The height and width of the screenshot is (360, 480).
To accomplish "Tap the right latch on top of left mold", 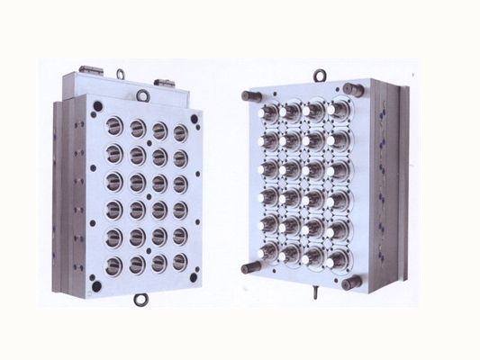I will click(x=166, y=82).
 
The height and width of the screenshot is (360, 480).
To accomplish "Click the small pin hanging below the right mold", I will click(x=316, y=293).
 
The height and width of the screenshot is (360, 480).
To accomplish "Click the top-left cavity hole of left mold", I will click(x=114, y=120).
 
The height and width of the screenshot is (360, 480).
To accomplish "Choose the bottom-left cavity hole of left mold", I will click(x=114, y=265).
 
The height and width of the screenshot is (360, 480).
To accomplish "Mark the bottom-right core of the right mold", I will click(x=337, y=261).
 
